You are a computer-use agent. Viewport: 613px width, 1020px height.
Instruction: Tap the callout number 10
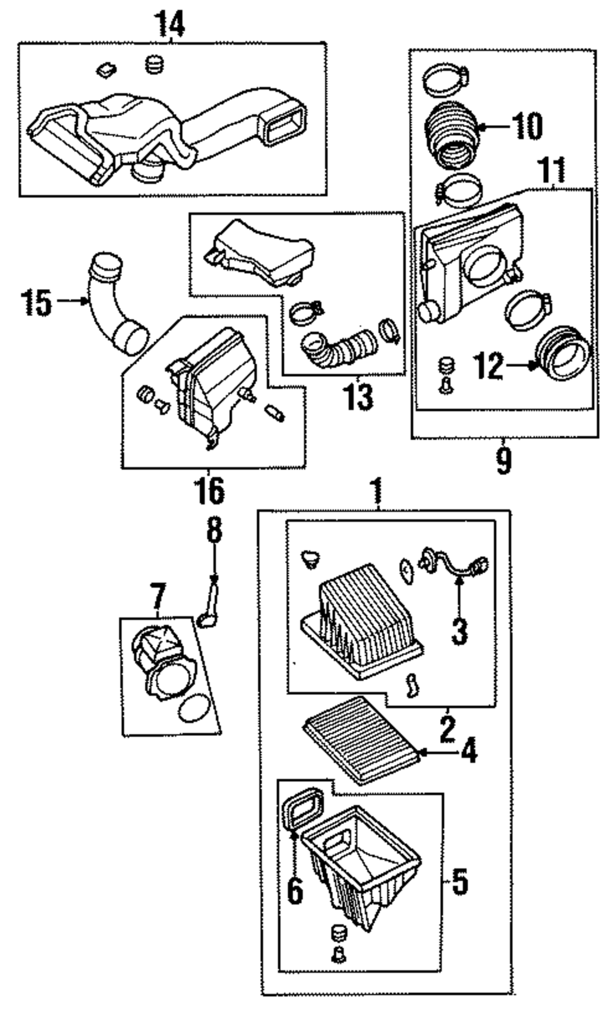pos(527,126)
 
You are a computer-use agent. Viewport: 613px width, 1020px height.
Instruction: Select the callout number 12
pos(489,366)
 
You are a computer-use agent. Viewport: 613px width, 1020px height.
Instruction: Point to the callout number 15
pos(36,302)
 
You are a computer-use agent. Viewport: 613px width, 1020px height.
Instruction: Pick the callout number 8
pos(213,530)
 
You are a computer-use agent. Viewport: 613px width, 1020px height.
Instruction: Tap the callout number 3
pos(459,632)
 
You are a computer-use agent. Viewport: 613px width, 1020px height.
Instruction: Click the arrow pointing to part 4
pos(437,751)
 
